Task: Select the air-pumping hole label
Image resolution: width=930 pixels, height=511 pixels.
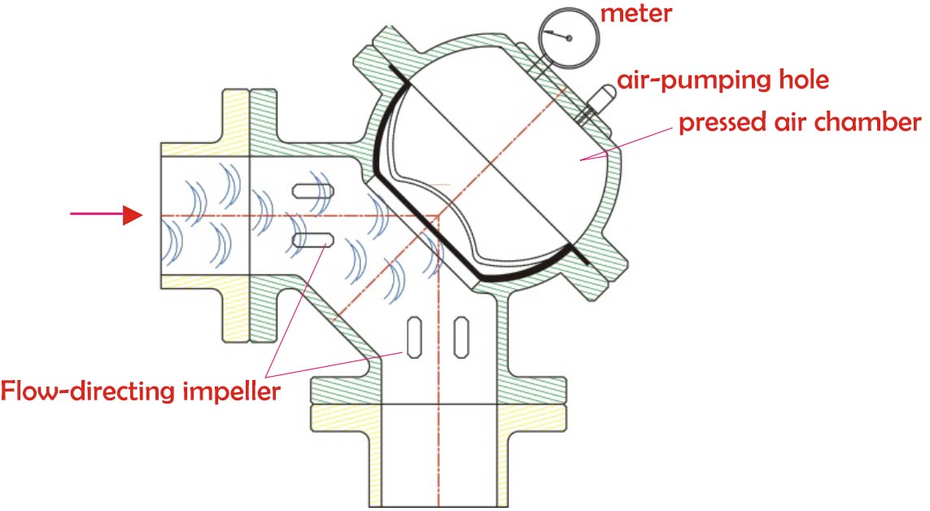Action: [723, 81]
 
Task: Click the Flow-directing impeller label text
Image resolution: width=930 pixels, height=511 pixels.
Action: [140, 392]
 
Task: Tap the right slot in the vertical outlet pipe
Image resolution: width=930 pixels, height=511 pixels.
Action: [461, 334]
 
